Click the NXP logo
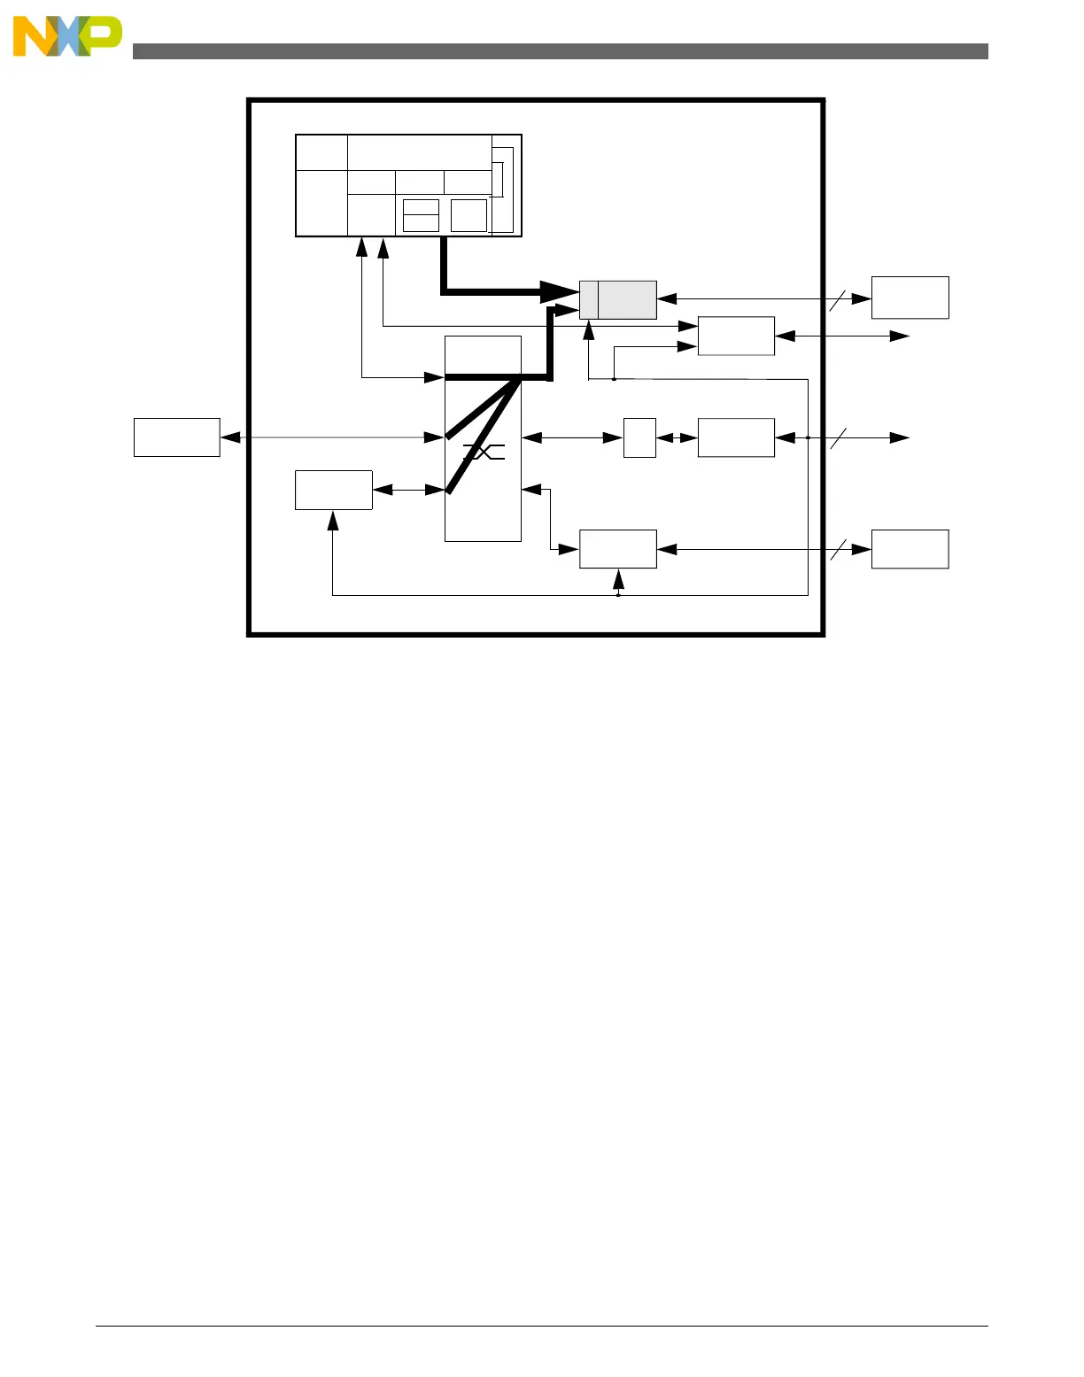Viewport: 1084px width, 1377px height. tap(66, 36)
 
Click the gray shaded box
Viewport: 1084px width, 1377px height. tap(617, 300)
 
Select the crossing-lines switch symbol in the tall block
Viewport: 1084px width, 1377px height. tap(484, 453)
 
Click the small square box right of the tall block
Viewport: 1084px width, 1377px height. tap(639, 437)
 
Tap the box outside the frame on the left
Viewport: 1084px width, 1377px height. tap(176, 437)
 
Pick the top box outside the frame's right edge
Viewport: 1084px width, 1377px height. tap(910, 298)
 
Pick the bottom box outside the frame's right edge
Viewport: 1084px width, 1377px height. tap(910, 549)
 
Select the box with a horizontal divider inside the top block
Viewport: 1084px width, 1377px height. tap(421, 215)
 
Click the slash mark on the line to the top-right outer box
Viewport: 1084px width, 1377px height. tap(838, 299)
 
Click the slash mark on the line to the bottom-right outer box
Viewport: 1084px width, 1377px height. tap(838, 549)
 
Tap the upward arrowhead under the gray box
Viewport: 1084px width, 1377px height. tap(588, 329)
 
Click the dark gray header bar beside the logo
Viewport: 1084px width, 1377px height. tap(560, 51)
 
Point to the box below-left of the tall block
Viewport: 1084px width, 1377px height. tap(333, 490)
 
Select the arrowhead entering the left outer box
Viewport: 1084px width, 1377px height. tap(230, 437)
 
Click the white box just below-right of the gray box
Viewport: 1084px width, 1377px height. tap(736, 336)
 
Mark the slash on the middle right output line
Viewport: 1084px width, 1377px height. tap(838, 437)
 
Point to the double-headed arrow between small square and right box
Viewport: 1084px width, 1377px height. tap(677, 437)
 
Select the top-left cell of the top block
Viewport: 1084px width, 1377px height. tap(321, 152)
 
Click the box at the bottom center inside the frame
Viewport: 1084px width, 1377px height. tap(617, 549)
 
